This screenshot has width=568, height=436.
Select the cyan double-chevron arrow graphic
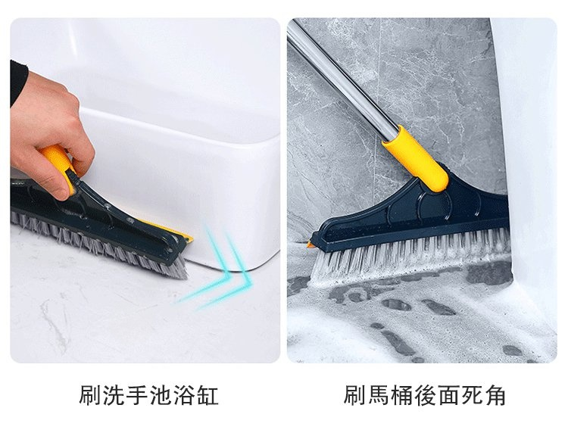point(217,269)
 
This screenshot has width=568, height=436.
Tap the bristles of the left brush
point(98,246)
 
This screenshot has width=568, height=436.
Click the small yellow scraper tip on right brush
point(311,244)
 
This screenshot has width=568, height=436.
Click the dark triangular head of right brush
point(417,213)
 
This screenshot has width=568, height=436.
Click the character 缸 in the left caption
point(208,395)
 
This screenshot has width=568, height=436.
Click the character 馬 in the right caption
point(378,395)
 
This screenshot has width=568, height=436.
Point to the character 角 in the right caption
point(495,395)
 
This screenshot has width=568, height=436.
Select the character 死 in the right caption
point(472,395)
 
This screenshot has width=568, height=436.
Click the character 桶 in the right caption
point(401,395)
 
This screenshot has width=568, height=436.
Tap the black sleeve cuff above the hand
point(17,82)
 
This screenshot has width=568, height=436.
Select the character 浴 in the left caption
point(184,395)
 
